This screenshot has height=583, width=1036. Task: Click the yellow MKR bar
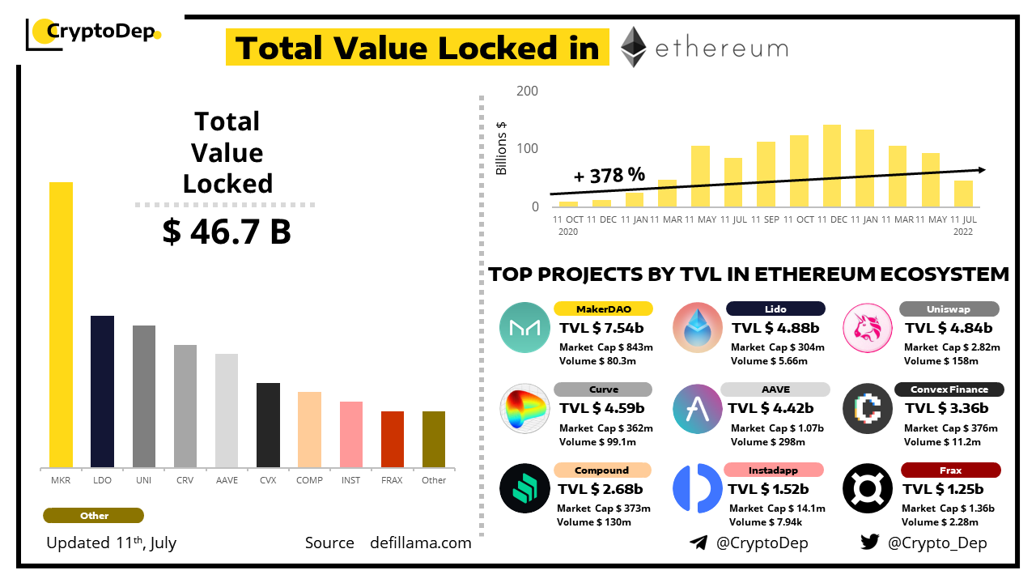[x=61, y=324]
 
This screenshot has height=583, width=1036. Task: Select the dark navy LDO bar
[x=102, y=391]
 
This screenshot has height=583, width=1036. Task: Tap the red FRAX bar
[x=393, y=439]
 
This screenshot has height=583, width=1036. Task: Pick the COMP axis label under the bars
[x=309, y=480]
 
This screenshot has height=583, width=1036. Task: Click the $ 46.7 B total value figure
[x=227, y=232]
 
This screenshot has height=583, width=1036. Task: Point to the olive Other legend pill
[x=93, y=516]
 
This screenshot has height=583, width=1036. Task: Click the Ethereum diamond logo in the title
[x=634, y=47]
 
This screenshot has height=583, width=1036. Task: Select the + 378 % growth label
[x=609, y=175]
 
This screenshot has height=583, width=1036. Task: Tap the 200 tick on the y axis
[x=527, y=91]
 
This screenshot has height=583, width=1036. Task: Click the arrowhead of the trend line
[x=980, y=169]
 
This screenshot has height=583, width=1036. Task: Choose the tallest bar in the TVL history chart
[x=831, y=165]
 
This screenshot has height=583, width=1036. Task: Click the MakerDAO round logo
[x=524, y=327]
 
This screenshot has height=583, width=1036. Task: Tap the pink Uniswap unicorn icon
[x=867, y=327]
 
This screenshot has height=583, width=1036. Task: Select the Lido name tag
[x=775, y=309]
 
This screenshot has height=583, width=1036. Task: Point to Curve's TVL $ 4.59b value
[x=601, y=408]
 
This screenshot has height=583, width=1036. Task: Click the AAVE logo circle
[x=697, y=408]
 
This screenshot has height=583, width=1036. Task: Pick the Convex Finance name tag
[x=949, y=389]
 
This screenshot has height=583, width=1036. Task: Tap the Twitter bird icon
[x=869, y=543]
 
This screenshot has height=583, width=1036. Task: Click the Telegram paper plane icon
[x=698, y=543]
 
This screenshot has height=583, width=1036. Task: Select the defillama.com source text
[x=420, y=543]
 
